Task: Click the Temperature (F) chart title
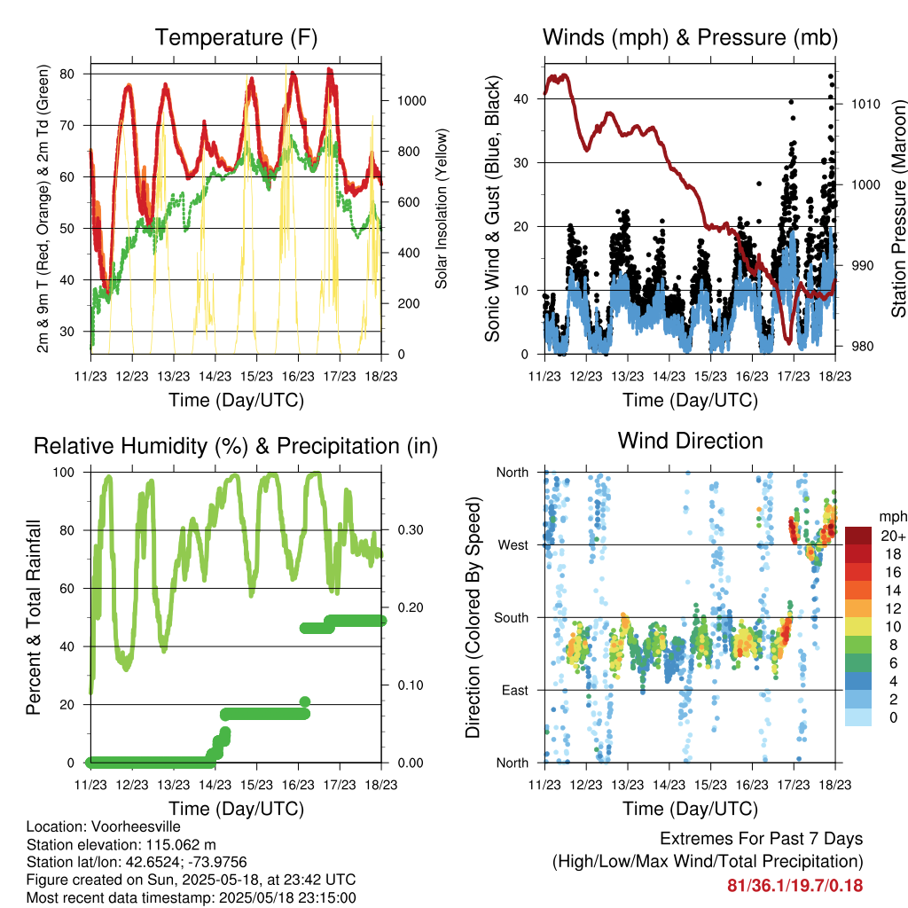click(236, 38)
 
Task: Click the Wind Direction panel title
click(690, 441)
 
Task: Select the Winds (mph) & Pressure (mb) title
click(690, 38)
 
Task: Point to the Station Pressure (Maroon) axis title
click(898, 208)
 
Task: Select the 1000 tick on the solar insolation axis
click(413, 101)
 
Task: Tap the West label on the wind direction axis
click(513, 544)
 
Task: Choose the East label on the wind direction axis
click(514, 690)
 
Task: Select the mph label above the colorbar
click(891, 516)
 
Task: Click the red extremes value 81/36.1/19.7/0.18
click(794, 885)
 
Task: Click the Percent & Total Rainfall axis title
click(33, 617)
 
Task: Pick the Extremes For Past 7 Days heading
click(761, 839)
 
